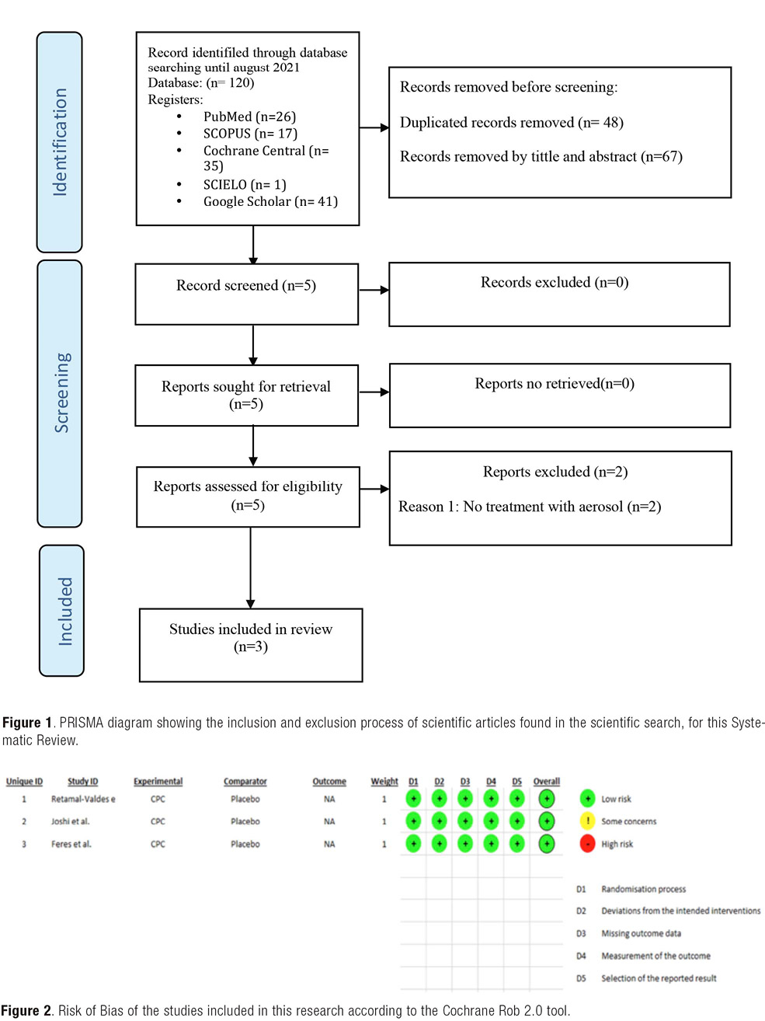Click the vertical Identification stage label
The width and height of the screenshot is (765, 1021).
[60, 142]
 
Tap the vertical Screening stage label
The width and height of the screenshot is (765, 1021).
[61, 393]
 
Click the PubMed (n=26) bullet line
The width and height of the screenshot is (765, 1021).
[249, 117]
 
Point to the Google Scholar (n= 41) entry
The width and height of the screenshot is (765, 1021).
[270, 201]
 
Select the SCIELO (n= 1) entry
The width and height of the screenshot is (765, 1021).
[245, 185]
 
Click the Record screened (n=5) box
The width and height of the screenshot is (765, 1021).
[247, 294]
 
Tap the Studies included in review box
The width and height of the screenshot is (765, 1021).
[251, 645]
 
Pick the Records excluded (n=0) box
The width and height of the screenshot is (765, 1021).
[559, 294]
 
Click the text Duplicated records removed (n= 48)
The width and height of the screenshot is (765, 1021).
[512, 122]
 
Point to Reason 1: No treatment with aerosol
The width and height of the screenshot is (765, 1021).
[530, 507]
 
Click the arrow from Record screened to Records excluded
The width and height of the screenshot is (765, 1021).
[374, 290]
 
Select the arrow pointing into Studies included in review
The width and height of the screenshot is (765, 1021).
[251, 567]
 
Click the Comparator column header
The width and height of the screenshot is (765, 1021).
[245, 781]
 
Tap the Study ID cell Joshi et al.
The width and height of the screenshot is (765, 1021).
[70, 821]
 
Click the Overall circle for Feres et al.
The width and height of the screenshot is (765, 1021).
[547, 843]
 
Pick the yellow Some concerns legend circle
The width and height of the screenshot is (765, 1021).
[587, 821]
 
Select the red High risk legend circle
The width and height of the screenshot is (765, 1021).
[587, 843]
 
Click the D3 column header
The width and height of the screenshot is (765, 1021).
[465, 782]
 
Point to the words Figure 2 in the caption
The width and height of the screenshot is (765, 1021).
[26, 1011]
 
